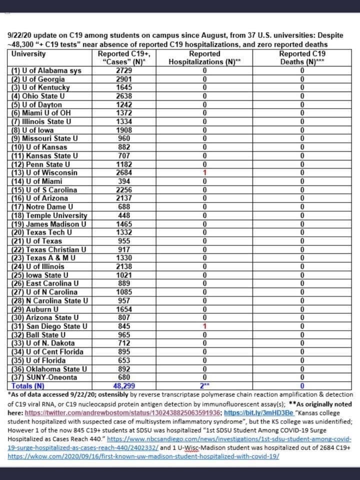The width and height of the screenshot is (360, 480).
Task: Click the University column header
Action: (x=28, y=54)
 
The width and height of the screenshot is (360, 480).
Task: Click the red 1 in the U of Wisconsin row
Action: (x=205, y=172)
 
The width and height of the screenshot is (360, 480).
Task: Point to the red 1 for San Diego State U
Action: (x=205, y=326)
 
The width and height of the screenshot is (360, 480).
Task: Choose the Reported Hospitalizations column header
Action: (x=205, y=58)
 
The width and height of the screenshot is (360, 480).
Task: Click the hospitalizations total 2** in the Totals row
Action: (x=204, y=385)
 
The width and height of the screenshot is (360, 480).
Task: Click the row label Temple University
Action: (x=49, y=215)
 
